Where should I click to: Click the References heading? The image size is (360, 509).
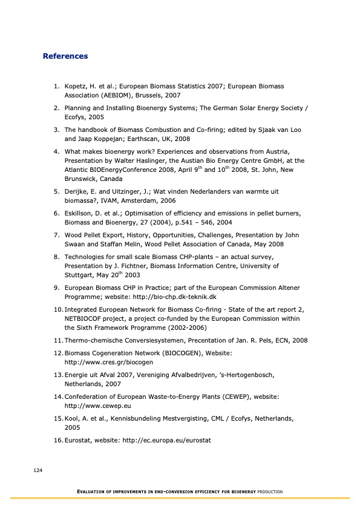pos(65,56)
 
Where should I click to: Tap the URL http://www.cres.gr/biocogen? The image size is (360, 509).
pos(108,362)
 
